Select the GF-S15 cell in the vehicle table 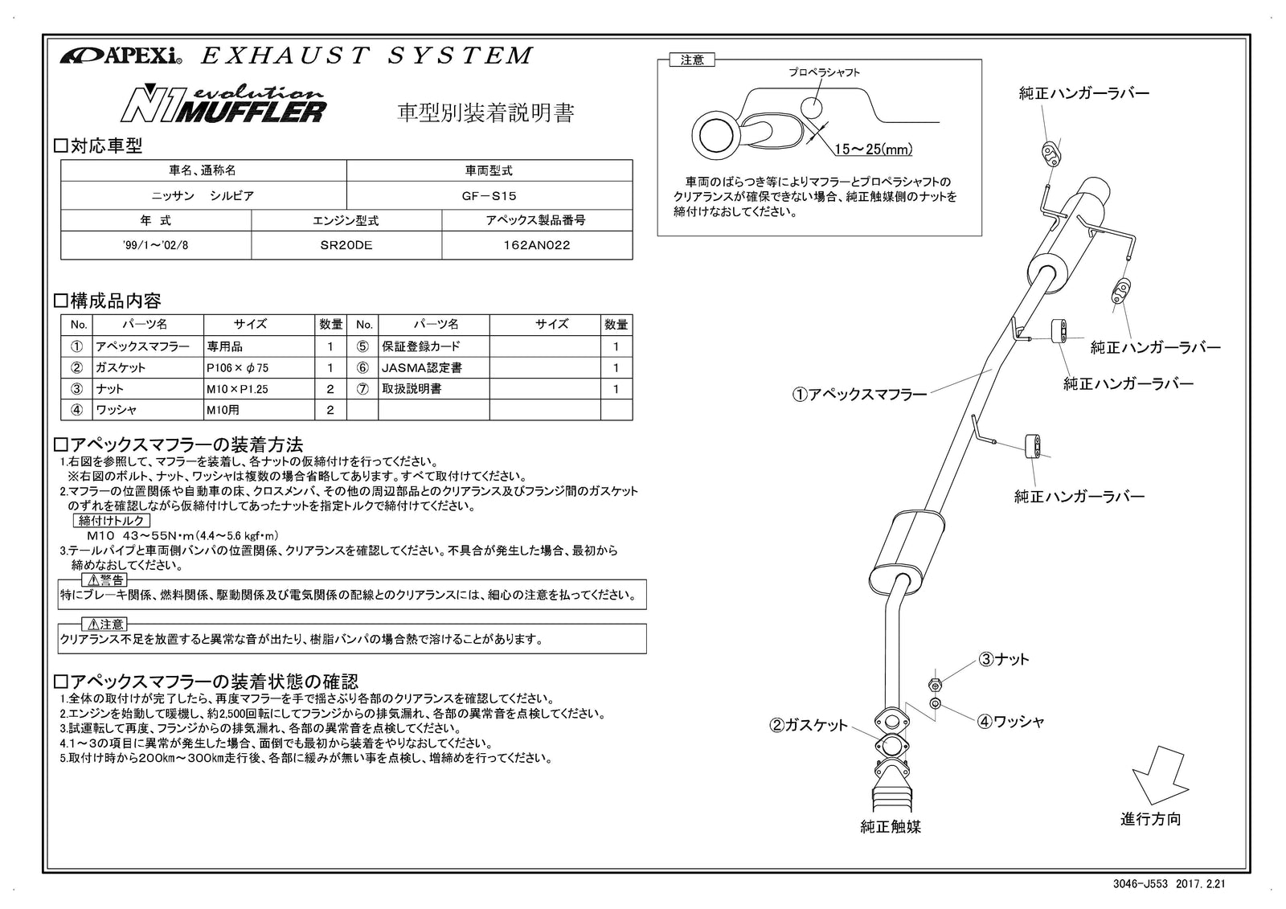[x=489, y=195]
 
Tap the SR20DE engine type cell [x=346, y=245]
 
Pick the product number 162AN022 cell [x=536, y=245]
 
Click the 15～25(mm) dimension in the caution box [x=873, y=149]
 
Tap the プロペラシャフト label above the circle [x=824, y=72]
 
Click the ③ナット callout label [x=1003, y=660]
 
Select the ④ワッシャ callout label [x=1010, y=722]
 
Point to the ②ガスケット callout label [x=809, y=725]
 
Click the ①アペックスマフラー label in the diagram [x=859, y=395]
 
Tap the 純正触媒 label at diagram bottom [x=891, y=826]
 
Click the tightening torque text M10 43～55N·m [x=182, y=535]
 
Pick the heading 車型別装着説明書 [x=486, y=113]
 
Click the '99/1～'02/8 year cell [x=156, y=245]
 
